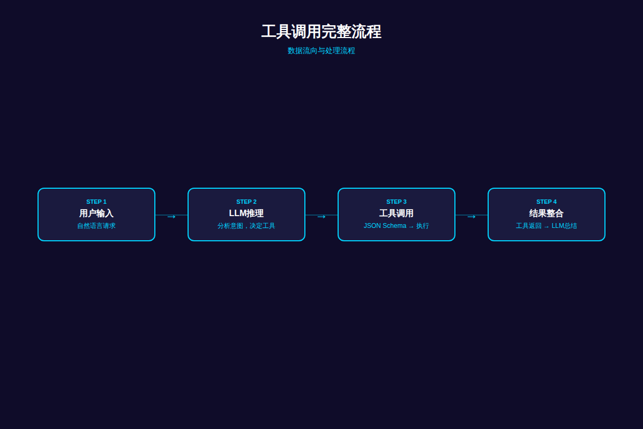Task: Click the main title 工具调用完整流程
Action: point(321,31)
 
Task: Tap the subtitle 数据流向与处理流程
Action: point(321,50)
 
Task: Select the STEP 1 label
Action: point(96,202)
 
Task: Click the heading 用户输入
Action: point(96,213)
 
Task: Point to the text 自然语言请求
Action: point(96,226)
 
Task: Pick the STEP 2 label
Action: point(246,202)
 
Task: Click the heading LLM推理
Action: point(246,213)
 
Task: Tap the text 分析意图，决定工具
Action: point(246,226)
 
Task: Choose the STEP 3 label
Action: point(397,202)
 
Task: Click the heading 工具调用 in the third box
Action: point(397,213)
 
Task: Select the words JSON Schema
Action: point(385,226)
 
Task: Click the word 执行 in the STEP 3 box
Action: point(423,226)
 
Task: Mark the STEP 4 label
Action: point(547,202)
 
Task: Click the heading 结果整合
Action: point(547,213)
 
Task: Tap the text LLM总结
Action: point(564,226)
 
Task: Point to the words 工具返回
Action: point(529,226)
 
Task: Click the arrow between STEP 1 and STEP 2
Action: point(171,217)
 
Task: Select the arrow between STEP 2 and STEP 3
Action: point(322,217)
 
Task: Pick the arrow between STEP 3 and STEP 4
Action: point(472,217)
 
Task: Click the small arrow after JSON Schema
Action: point(412,227)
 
